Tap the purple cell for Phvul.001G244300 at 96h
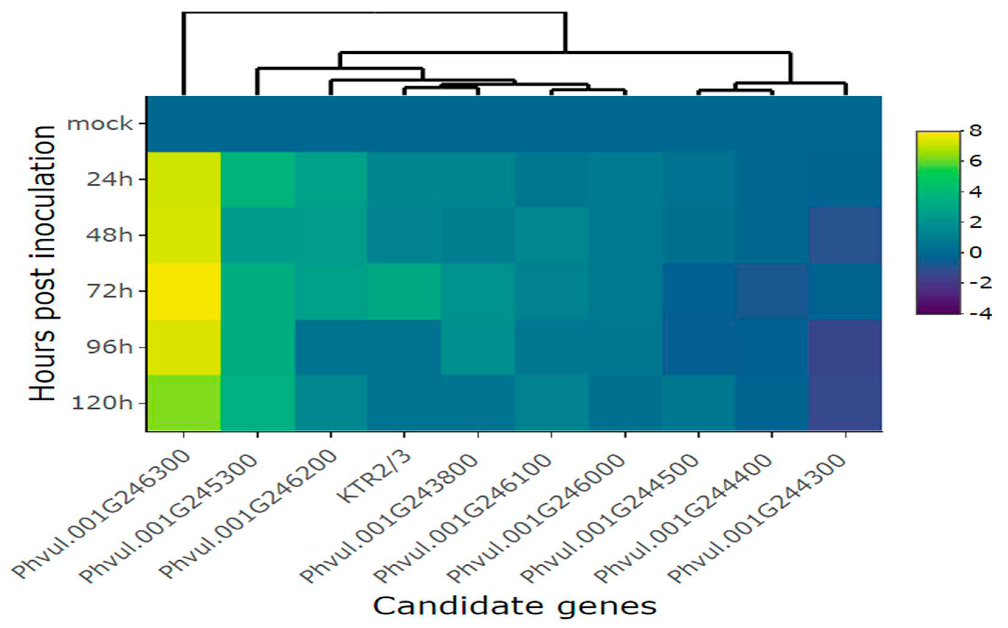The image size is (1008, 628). (845, 347)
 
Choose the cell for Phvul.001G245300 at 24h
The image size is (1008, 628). (258, 180)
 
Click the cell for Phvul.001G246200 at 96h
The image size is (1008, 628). (331, 347)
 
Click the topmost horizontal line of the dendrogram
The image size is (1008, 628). (374, 13)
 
